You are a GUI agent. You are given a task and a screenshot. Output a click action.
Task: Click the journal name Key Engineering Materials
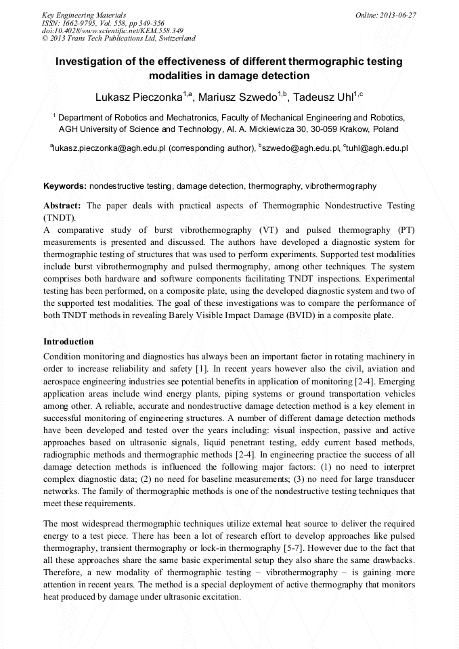[x=84, y=14]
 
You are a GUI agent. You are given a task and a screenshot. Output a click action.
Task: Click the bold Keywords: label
[x=65, y=185]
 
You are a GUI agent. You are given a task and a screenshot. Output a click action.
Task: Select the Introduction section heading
[x=68, y=341]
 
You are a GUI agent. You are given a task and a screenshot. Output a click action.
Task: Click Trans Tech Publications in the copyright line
[x=110, y=39]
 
